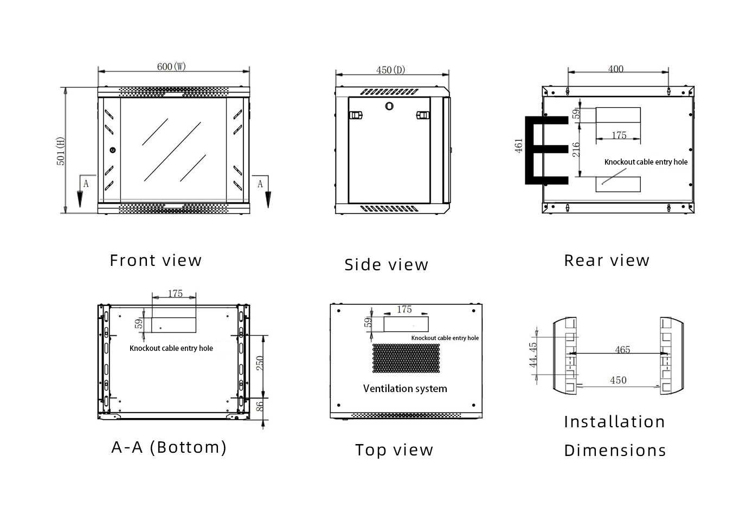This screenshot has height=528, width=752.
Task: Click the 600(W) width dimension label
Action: [x=171, y=67]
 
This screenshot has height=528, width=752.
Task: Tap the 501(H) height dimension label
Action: [x=61, y=151]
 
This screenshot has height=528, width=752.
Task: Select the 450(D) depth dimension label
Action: [x=390, y=70]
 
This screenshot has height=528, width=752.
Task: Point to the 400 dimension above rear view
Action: [x=615, y=69]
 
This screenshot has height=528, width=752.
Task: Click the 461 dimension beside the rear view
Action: [x=519, y=145]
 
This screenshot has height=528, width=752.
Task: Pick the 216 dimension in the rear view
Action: [x=576, y=149]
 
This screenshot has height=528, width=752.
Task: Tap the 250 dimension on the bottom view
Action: [x=260, y=363]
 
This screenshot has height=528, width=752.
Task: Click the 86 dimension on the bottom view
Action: [x=260, y=406]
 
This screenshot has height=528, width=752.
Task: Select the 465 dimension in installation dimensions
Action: [x=622, y=350]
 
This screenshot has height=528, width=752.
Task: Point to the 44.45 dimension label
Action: [x=534, y=355]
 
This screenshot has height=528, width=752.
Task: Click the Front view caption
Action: [x=156, y=260]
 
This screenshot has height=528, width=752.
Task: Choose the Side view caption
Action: [x=386, y=265]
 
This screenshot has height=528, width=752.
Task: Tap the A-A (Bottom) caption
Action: [x=169, y=447]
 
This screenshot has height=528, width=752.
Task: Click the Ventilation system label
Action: [x=405, y=389]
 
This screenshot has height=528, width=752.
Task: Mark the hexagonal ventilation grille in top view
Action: [x=406, y=358]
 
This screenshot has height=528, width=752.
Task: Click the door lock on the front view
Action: [x=112, y=150]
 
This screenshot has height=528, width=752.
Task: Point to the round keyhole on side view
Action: [x=389, y=106]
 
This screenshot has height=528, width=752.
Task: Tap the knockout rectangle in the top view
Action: [x=406, y=324]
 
